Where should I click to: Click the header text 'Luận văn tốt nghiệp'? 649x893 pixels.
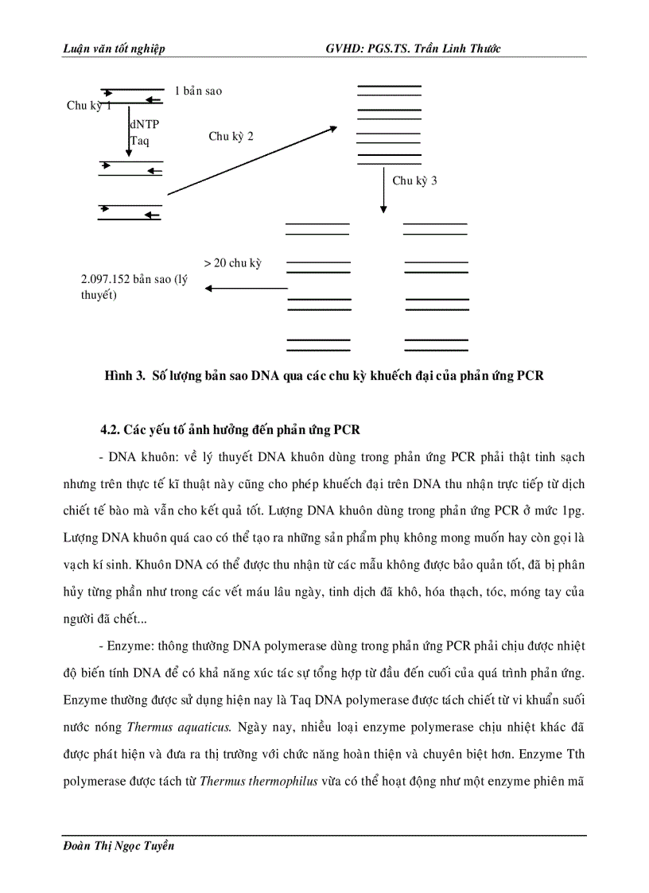click(x=114, y=49)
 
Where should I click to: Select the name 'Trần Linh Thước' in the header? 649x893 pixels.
click(x=457, y=49)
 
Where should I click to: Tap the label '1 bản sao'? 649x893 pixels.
click(x=199, y=91)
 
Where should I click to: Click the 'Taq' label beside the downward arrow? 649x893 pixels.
click(x=139, y=141)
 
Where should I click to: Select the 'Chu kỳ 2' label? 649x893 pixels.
click(x=231, y=137)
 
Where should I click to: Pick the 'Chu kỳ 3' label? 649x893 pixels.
click(x=414, y=181)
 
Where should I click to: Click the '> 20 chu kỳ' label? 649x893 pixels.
click(x=232, y=263)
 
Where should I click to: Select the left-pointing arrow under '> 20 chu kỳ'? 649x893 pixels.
click(x=246, y=289)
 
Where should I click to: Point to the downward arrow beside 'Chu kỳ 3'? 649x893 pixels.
click(x=383, y=189)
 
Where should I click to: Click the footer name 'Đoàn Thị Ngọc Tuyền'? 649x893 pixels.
click(x=118, y=846)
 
